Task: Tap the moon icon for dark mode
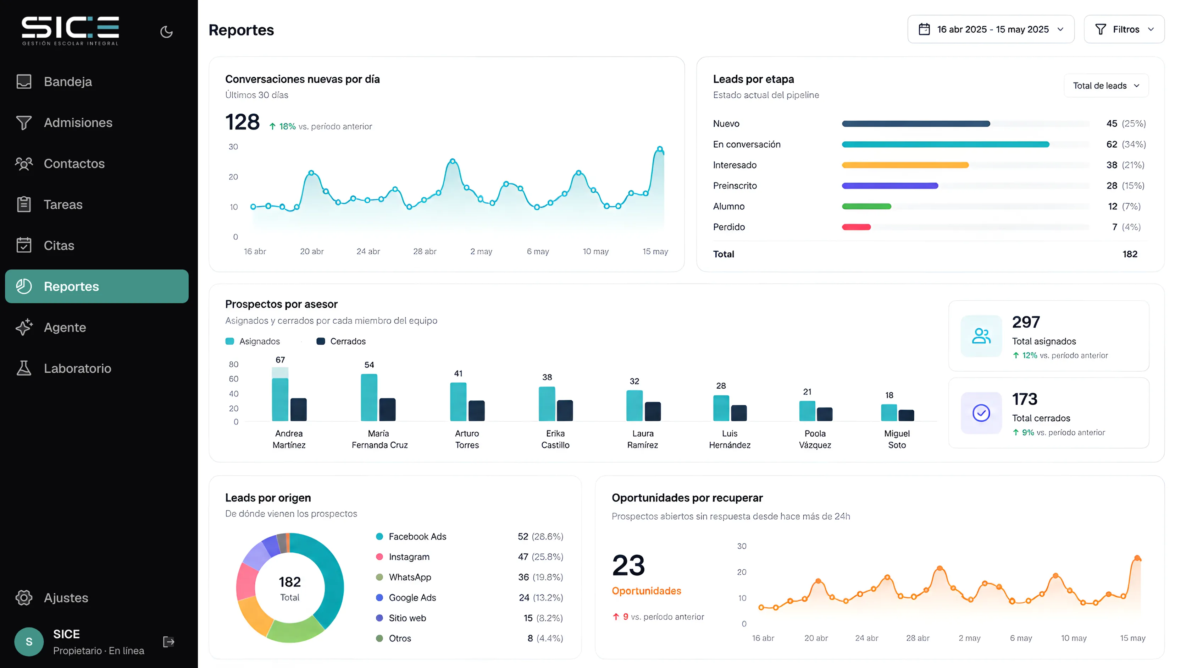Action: [166, 32]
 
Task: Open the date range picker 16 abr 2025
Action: [991, 29]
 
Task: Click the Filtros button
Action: [1124, 29]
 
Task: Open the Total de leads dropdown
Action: [1106, 86]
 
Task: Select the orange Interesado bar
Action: [905, 165]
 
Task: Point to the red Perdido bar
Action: [857, 227]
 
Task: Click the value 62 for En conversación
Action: [1112, 144]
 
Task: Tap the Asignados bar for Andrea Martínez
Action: [280, 394]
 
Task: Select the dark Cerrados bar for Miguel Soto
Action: [906, 415]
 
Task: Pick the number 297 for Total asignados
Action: [1026, 322]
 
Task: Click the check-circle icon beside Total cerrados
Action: [981, 413]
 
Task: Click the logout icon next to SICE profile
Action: [168, 642]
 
